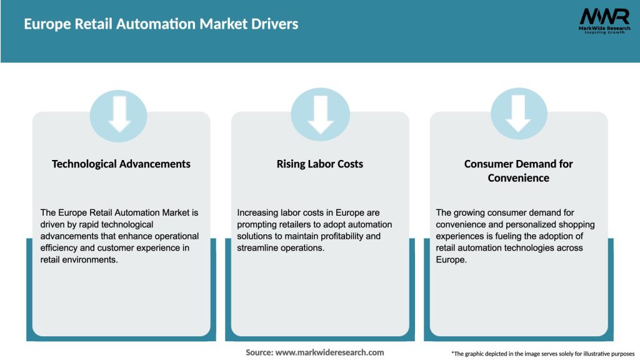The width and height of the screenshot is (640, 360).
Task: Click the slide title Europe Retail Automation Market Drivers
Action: [x=161, y=24]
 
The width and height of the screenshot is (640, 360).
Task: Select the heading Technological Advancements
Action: [x=121, y=164]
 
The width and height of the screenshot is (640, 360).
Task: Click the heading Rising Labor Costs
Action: [x=320, y=164]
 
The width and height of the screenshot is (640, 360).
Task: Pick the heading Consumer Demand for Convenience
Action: [x=519, y=171]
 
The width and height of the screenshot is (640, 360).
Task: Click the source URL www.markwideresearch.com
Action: [x=329, y=352]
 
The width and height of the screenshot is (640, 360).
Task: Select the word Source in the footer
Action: [x=258, y=352]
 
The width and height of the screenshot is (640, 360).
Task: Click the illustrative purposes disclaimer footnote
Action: [x=542, y=354]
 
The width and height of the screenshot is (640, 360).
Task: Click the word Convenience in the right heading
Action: [x=519, y=178]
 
